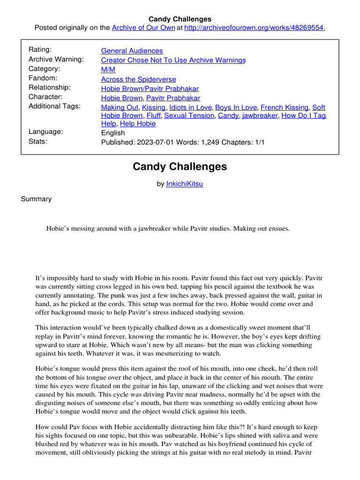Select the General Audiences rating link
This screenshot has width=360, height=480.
click(132, 51)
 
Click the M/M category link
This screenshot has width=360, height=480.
click(108, 69)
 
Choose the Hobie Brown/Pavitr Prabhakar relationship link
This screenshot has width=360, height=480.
click(150, 89)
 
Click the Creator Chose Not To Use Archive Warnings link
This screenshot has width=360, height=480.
click(173, 60)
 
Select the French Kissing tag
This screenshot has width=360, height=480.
click(284, 107)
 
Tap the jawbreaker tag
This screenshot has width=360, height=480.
click(260, 115)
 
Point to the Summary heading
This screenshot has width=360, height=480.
click(36, 199)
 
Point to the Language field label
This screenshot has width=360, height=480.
click(45, 132)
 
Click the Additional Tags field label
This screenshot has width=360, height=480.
click(54, 106)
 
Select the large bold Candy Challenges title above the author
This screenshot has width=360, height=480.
click(180, 166)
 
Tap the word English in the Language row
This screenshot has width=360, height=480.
click(113, 133)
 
